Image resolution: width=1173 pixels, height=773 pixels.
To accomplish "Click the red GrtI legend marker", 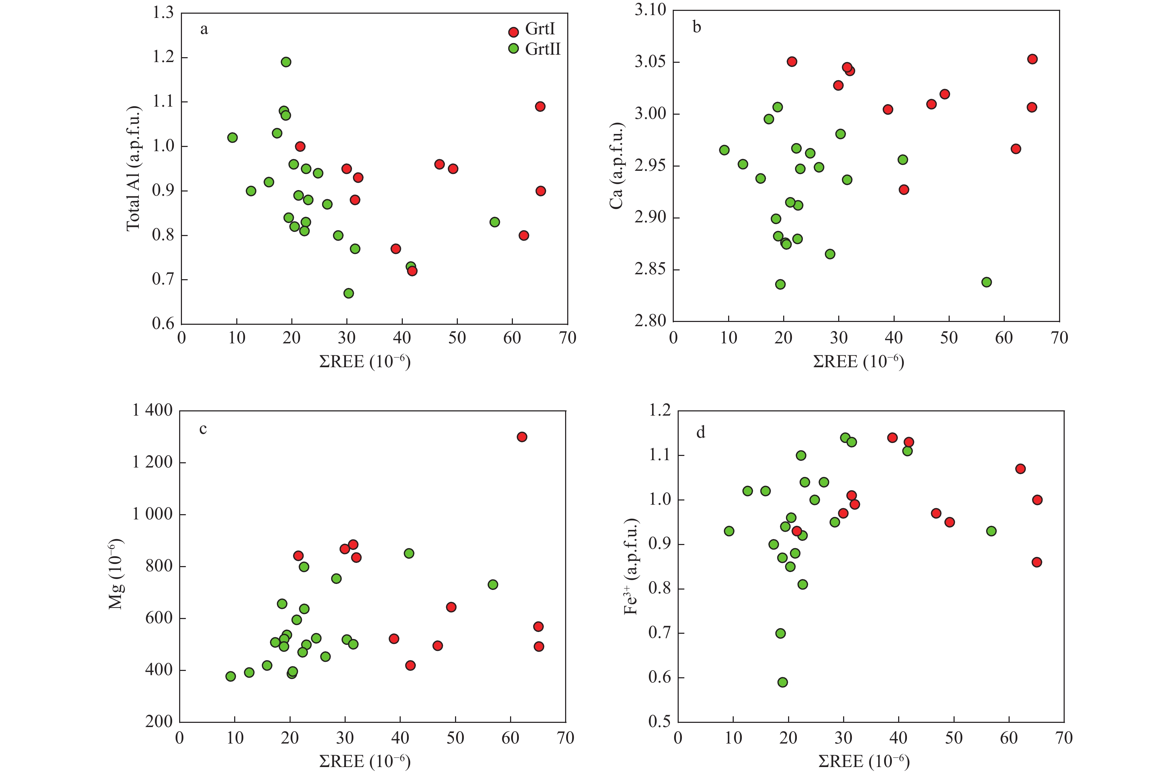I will pyautogui.click(x=514, y=32).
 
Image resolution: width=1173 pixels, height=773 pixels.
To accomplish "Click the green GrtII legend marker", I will pyautogui.click(x=514, y=49).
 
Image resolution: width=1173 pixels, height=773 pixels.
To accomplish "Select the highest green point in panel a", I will pyautogui.click(x=286, y=62).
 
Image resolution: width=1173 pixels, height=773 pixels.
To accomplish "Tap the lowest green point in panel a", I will pyautogui.click(x=348, y=293).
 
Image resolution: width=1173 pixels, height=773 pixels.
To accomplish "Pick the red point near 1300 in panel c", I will pyautogui.click(x=522, y=437).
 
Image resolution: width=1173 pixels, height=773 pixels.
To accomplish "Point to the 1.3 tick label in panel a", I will pyautogui.click(x=163, y=13).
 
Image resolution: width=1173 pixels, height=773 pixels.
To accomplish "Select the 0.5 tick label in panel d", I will pyautogui.click(x=659, y=722).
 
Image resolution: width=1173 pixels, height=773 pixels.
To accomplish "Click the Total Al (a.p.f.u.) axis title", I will pyautogui.click(x=133, y=169).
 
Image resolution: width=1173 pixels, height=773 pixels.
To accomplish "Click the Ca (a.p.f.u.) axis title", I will pyautogui.click(x=617, y=166).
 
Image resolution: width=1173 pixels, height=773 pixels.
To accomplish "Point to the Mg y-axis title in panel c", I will pyautogui.click(x=116, y=574).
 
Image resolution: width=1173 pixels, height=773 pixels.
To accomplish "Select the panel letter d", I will pyautogui.click(x=700, y=433).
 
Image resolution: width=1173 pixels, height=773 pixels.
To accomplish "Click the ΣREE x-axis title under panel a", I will pyautogui.click(x=365, y=362).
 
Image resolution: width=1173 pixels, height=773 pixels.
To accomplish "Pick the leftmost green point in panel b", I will pyautogui.click(x=724, y=150).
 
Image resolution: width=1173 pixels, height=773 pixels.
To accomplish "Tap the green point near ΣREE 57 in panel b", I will pyautogui.click(x=986, y=282).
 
